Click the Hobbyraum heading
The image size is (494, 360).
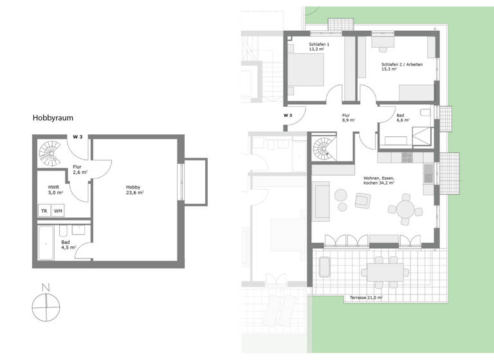[x=55, y=118]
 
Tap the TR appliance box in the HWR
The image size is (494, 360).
[x=44, y=211]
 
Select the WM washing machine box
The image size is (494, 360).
[x=58, y=211]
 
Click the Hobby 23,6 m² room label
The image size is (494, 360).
[x=134, y=190]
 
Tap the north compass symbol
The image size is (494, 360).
[x=45, y=306]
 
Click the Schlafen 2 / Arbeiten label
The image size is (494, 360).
[x=401, y=66]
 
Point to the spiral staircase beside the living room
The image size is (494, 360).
[x=323, y=149]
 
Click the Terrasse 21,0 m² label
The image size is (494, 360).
[x=366, y=298]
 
